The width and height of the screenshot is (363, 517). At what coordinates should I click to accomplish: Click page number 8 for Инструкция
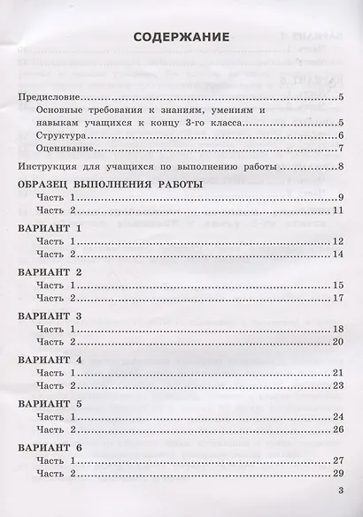click(342, 170)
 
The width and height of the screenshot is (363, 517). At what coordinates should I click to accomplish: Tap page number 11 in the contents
click(338, 213)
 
